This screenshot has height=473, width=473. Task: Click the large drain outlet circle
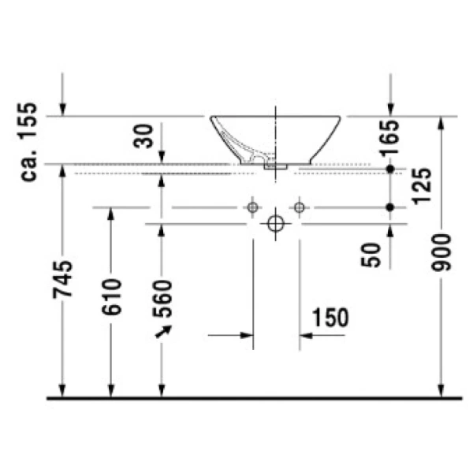click(x=275, y=224)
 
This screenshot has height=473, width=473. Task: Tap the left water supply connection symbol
click(x=252, y=207)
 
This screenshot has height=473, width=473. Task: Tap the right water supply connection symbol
click(x=298, y=207)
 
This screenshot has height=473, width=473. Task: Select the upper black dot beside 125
click(x=389, y=169)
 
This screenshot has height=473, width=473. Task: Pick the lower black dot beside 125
click(x=389, y=207)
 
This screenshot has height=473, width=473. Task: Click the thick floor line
click(x=252, y=398)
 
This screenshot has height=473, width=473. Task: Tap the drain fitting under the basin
click(x=276, y=166)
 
